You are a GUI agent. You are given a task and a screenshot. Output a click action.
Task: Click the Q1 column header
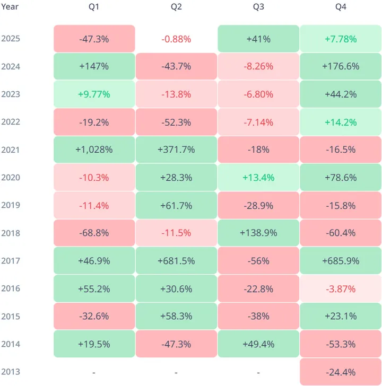(x=94, y=7)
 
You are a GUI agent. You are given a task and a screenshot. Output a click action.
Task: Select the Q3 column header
(x=258, y=7)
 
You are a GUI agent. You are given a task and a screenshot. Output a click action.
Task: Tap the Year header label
(x=10, y=7)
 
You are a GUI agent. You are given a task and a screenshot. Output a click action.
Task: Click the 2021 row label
(x=11, y=150)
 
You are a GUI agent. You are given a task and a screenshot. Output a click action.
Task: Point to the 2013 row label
(x=11, y=372)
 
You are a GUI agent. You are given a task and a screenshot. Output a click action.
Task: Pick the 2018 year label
(x=11, y=233)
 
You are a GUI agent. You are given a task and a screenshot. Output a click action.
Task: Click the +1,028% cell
(x=94, y=150)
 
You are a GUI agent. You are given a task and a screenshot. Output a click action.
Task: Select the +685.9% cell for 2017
(x=341, y=261)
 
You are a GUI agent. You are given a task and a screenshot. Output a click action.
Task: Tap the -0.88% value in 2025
(x=176, y=39)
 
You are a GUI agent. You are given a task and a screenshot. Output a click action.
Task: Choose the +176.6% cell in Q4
(x=341, y=66)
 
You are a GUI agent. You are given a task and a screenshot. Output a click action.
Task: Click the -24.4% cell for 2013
(x=341, y=372)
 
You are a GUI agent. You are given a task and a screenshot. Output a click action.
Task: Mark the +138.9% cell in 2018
(x=258, y=233)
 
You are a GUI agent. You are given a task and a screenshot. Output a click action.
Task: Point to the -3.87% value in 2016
(x=341, y=288)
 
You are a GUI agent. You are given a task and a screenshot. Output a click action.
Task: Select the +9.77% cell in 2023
(x=94, y=94)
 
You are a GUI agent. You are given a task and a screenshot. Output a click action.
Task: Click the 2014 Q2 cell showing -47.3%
(x=176, y=344)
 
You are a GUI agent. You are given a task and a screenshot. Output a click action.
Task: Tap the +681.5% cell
(x=176, y=261)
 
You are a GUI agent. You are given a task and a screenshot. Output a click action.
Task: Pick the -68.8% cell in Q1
(x=94, y=233)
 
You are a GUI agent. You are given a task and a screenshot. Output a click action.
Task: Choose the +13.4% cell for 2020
(x=258, y=177)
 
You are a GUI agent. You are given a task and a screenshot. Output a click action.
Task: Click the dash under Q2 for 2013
(x=176, y=372)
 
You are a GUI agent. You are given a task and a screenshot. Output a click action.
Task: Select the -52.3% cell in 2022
(x=176, y=122)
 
